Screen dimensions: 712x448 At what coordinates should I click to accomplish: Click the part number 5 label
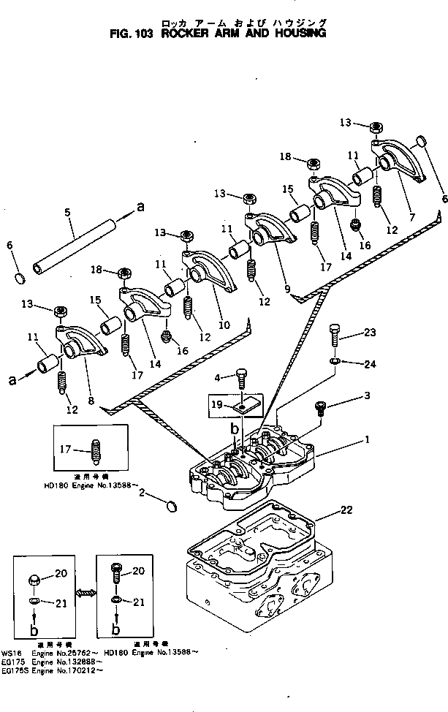click(x=67, y=212)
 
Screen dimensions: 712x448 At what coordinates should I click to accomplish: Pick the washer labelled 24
click(x=334, y=361)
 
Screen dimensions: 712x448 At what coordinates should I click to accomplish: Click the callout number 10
click(x=224, y=325)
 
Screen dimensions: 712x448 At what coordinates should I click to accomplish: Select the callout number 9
click(x=287, y=289)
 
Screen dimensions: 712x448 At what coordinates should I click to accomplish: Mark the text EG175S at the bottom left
click(x=13, y=666)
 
